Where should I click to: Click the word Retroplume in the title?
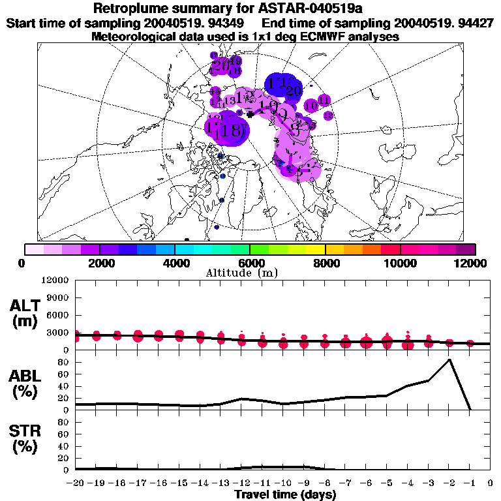127,9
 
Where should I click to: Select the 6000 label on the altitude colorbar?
250,263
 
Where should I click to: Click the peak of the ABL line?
449,359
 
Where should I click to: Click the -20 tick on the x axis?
76,483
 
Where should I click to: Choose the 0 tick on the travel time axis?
490,483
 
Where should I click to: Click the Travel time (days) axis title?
285,495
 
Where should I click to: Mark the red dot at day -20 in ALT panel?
76,336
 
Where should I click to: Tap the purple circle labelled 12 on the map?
328,115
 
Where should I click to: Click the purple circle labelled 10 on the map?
311,105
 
